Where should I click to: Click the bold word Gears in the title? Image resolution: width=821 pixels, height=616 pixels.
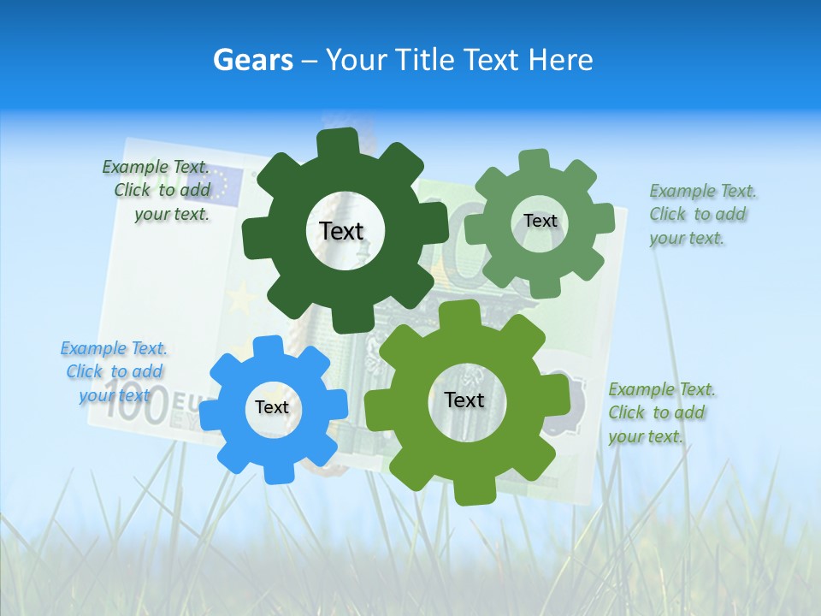click(x=252, y=60)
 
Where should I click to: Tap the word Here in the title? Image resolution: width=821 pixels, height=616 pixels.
click(x=560, y=60)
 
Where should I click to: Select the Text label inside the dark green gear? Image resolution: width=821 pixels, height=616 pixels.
click(x=341, y=231)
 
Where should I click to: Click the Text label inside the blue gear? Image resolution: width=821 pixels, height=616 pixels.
click(x=272, y=408)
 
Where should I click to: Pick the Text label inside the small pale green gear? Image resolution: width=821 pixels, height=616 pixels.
click(x=540, y=221)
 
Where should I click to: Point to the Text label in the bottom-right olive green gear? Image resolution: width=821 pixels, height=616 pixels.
click(x=464, y=400)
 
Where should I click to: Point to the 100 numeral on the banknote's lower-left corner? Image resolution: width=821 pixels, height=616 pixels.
click(x=137, y=409)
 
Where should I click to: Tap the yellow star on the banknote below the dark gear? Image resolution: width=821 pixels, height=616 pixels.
click(x=243, y=299)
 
